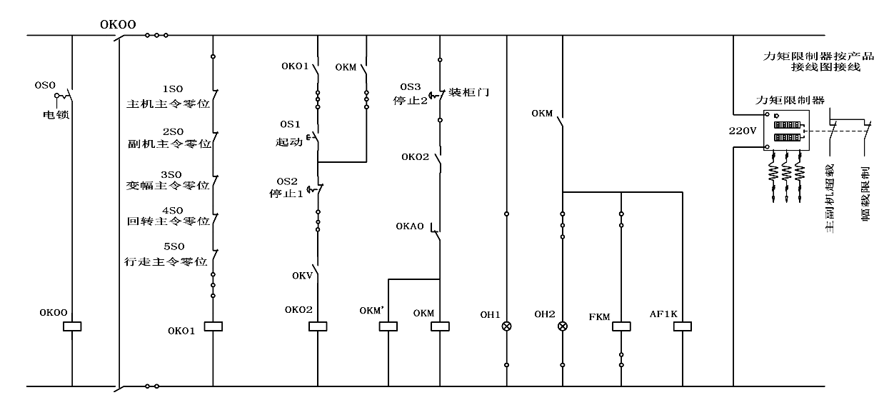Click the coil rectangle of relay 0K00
[x=72, y=326]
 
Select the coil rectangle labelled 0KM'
[x=387, y=326]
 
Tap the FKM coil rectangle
[x=622, y=326]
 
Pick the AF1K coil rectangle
[x=683, y=326]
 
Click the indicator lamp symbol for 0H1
[x=507, y=326]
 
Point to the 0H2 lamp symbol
[x=563, y=326]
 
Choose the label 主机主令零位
[x=168, y=104]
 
